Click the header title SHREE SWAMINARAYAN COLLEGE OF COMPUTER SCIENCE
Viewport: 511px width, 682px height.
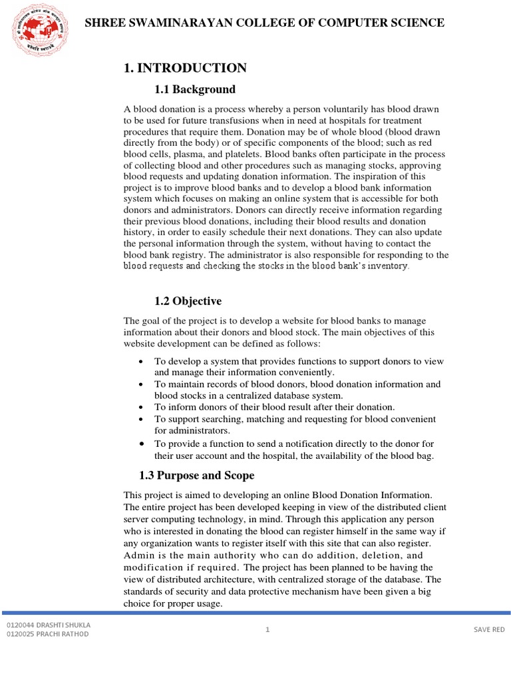click(x=265, y=23)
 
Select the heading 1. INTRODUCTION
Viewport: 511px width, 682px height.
click(x=185, y=68)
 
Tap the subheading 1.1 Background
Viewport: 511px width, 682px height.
click(x=195, y=89)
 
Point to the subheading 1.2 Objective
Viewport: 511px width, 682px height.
click(x=188, y=301)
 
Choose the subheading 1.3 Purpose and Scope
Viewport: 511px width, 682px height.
click(x=196, y=476)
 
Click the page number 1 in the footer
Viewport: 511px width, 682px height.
click(x=267, y=629)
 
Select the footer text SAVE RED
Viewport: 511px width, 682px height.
click(x=489, y=629)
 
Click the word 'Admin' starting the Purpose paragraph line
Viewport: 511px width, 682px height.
click(x=139, y=555)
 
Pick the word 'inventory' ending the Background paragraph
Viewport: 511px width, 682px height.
click(x=382, y=266)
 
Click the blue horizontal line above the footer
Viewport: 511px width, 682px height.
click(x=255, y=612)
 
